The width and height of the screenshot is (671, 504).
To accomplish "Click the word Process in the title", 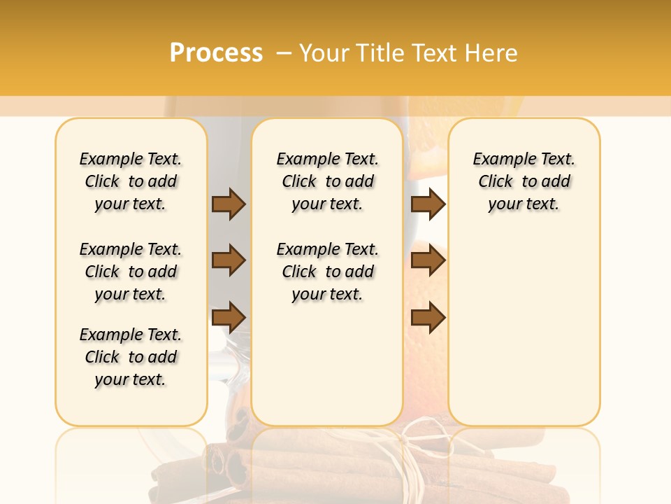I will pyautogui.click(x=216, y=53).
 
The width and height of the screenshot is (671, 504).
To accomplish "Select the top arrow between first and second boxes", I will pyautogui.click(x=229, y=204).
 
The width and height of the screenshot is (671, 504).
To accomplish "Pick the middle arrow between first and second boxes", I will pyautogui.click(x=229, y=261).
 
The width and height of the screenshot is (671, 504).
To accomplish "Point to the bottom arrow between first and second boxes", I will pyautogui.click(x=229, y=317).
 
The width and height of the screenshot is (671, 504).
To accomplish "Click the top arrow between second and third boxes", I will pyautogui.click(x=428, y=204).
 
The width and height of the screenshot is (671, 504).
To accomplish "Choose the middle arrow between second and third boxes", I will pyautogui.click(x=428, y=261).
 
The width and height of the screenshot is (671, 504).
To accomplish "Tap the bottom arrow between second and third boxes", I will pyautogui.click(x=428, y=317).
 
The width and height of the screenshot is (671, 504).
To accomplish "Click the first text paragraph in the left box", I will pyautogui.click(x=131, y=181).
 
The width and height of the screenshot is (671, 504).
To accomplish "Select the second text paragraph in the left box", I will pyautogui.click(x=131, y=272).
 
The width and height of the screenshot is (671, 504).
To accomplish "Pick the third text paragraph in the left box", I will pyautogui.click(x=131, y=357).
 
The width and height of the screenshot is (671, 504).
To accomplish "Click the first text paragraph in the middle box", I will pyautogui.click(x=327, y=181).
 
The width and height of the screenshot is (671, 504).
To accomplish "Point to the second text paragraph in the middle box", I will pyautogui.click(x=327, y=272).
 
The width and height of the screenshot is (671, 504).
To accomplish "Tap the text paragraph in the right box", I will pyautogui.click(x=524, y=181).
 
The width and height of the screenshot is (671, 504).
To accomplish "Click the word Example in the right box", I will pyautogui.click(x=499, y=160).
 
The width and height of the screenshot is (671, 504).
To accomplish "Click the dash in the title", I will pyautogui.click(x=283, y=53).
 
